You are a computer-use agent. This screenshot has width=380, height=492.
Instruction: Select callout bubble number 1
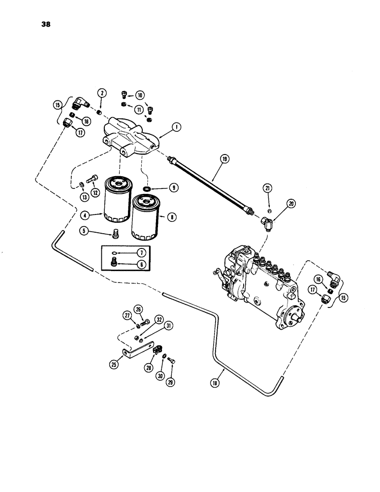pos(175,127)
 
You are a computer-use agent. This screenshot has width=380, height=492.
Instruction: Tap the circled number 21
pos(267,188)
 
